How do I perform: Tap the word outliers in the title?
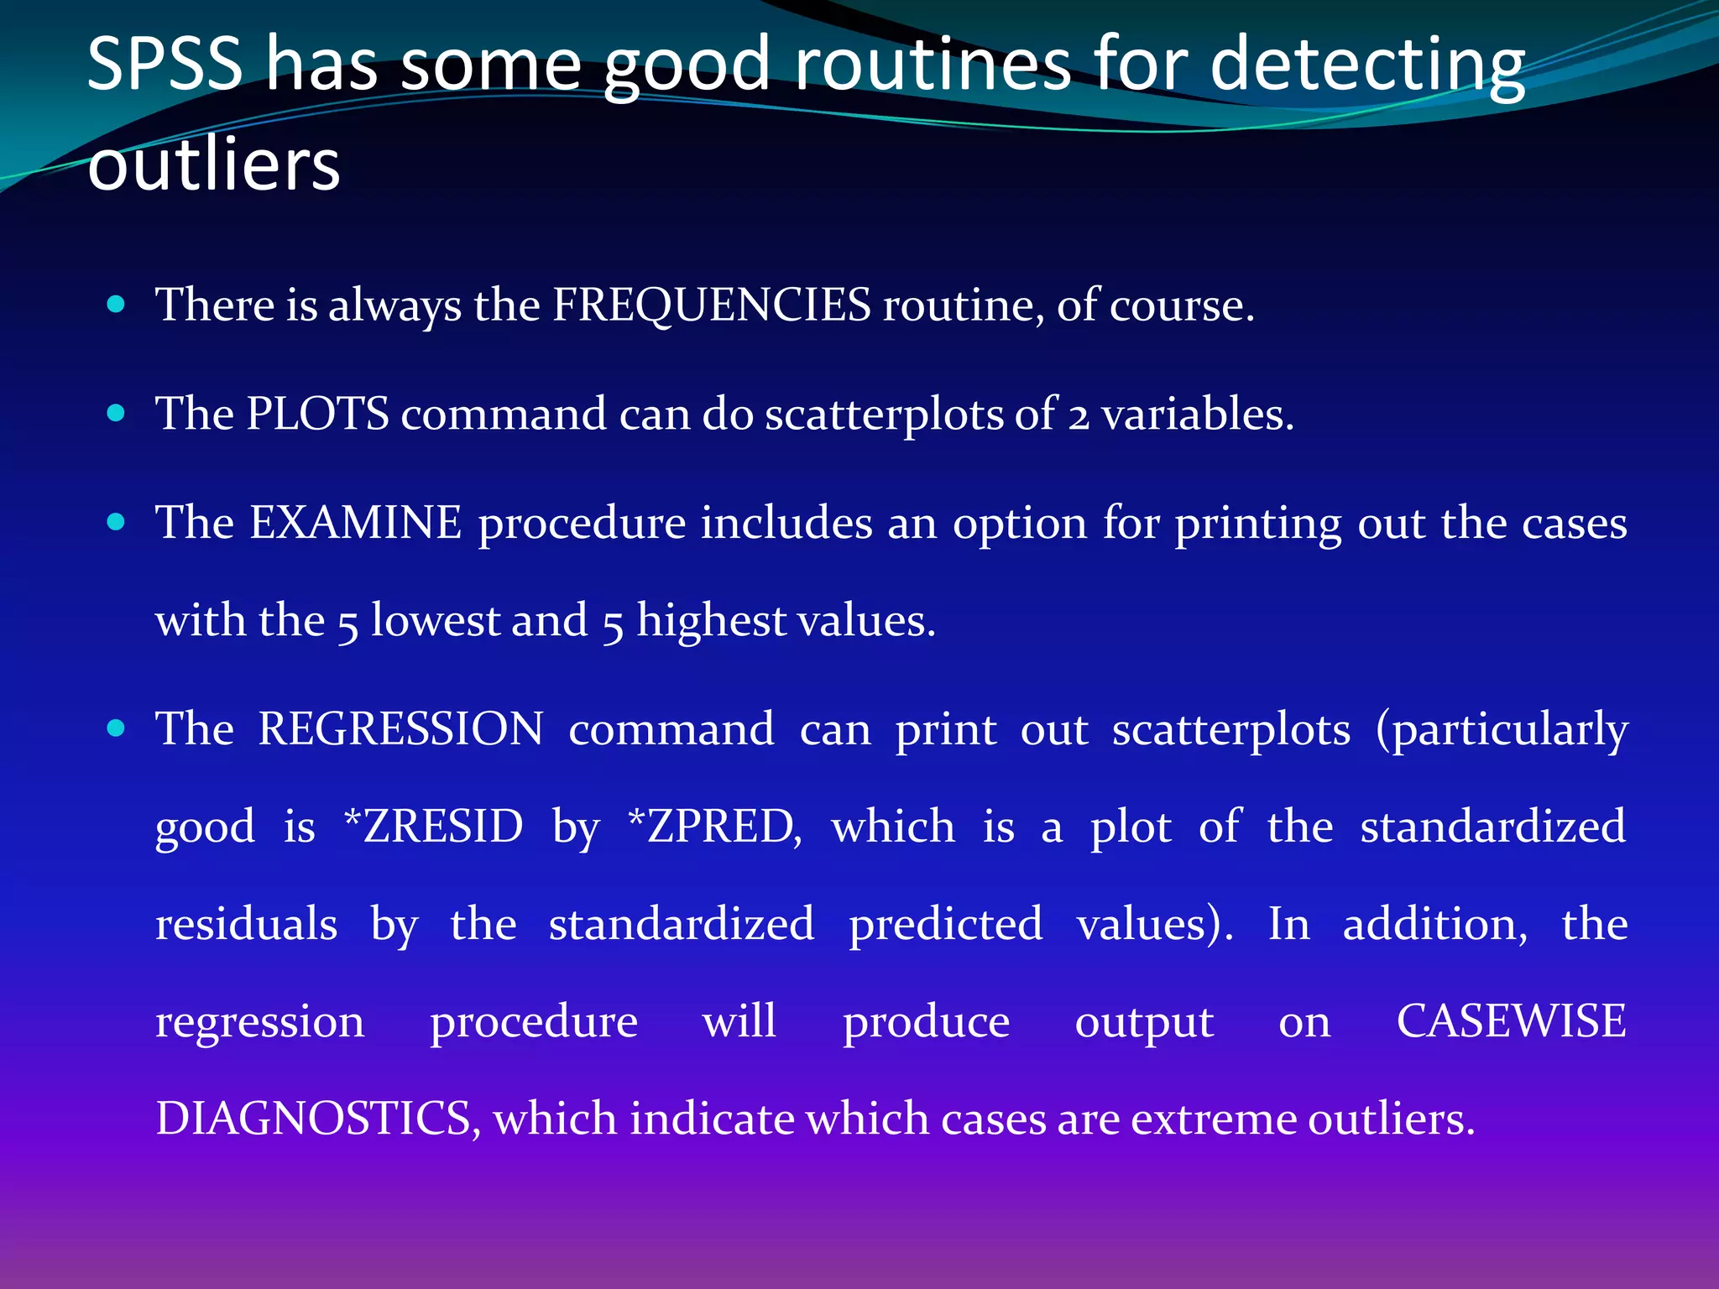[x=214, y=164]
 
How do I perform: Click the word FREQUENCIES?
[x=712, y=305]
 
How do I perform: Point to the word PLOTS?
[x=318, y=414]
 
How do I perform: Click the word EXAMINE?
[x=356, y=523]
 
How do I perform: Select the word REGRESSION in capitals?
[x=401, y=728]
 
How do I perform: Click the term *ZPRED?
[x=714, y=827]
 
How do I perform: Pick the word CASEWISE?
[x=1511, y=1021]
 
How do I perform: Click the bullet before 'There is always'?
[x=117, y=304]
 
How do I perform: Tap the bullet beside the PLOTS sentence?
[x=117, y=413]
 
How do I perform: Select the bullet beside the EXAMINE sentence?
[x=117, y=522]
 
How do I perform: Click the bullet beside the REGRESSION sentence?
[x=117, y=728]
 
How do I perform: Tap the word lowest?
[x=435, y=621]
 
